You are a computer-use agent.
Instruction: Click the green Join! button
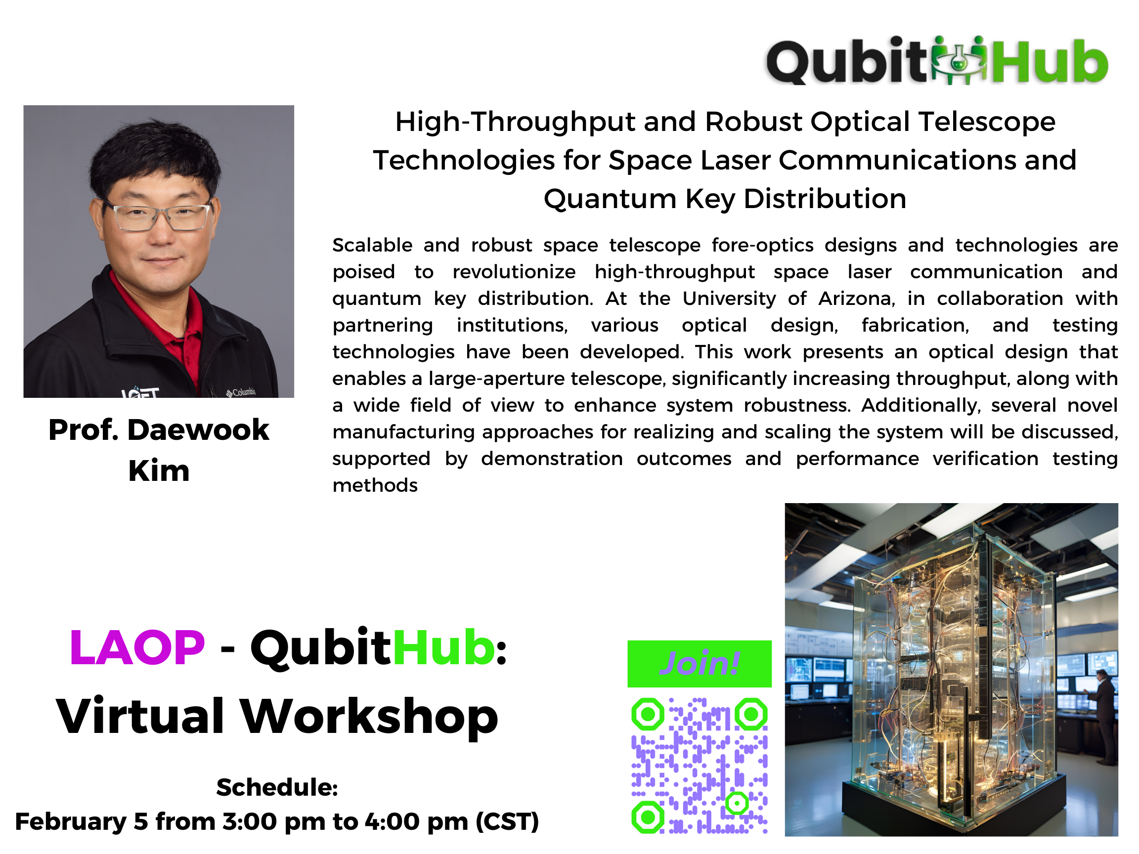(699, 664)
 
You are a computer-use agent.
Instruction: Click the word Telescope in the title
(987, 123)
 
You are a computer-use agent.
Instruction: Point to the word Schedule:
(277, 787)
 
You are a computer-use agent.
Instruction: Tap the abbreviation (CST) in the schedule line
(507, 821)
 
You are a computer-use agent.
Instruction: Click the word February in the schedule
(71, 822)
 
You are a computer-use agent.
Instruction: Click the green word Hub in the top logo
(1050, 62)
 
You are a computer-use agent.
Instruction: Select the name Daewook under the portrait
(198, 430)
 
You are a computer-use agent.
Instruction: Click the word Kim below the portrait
(159, 471)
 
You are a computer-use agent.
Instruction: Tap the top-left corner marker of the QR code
(648, 714)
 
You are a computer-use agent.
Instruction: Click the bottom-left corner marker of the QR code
(648, 817)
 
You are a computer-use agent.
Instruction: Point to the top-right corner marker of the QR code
(751, 714)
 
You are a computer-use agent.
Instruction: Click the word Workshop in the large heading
(369, 717)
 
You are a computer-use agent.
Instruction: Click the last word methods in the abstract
(375, 485)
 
